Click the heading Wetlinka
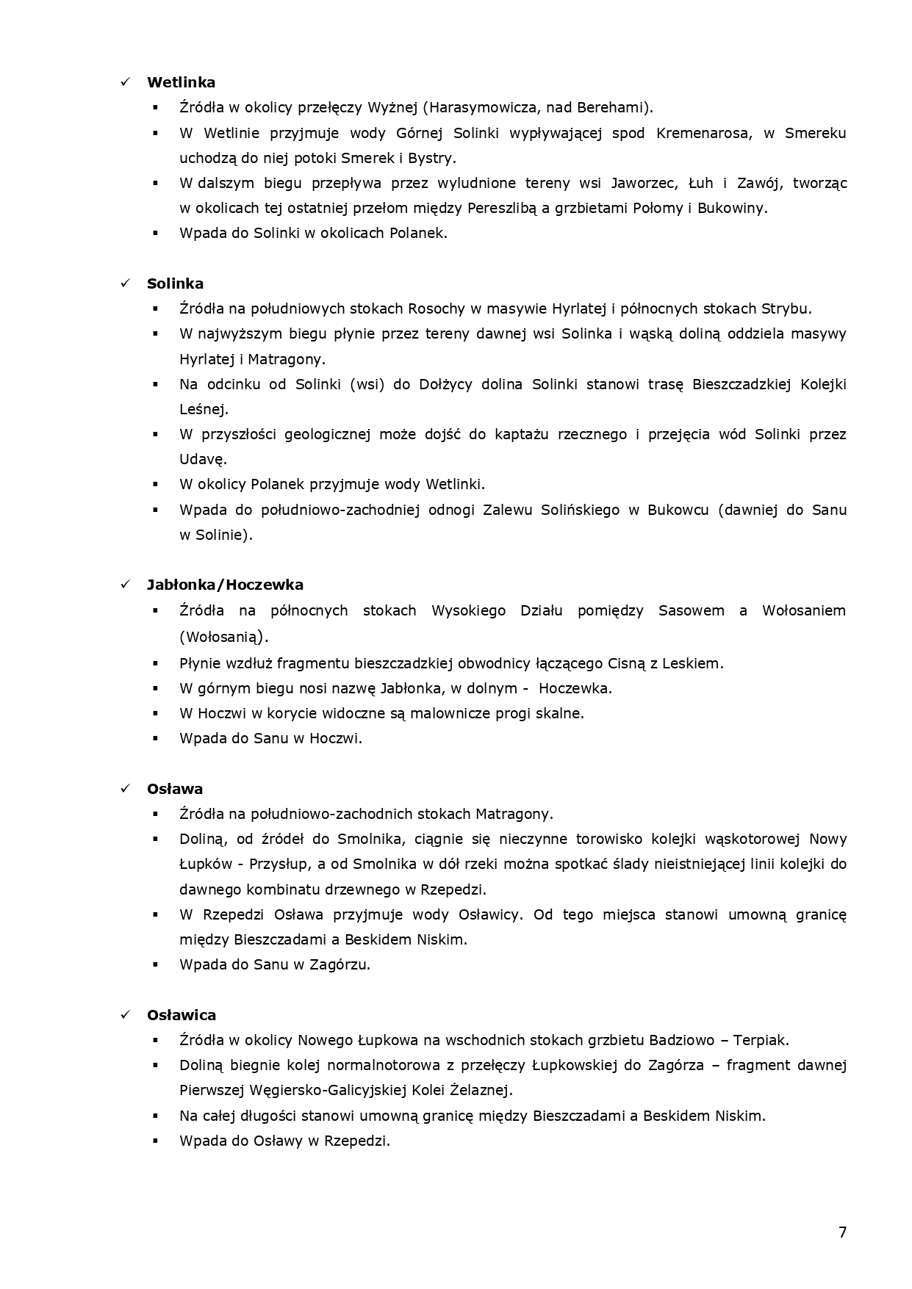181,82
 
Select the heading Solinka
175,284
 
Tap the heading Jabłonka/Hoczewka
225,585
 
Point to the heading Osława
175,789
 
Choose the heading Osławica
182,1015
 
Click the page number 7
842,1232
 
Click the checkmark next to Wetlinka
125,82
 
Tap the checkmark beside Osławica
125,1015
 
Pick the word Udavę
203,460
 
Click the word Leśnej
204,409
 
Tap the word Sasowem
691,610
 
